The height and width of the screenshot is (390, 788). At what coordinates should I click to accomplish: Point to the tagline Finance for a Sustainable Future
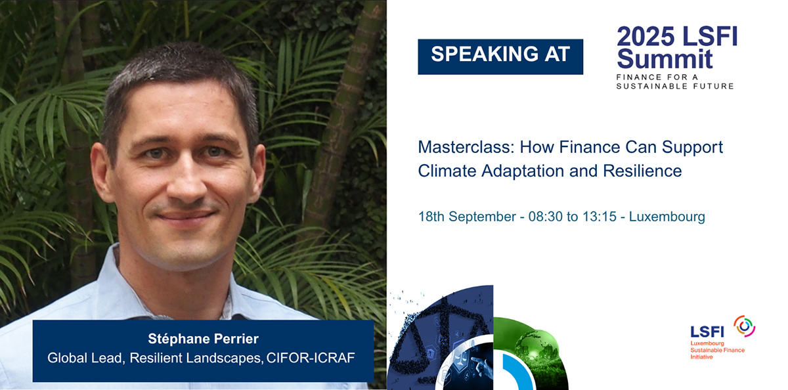click(674, 81)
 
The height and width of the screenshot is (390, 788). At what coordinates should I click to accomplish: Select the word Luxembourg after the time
click(667, 217)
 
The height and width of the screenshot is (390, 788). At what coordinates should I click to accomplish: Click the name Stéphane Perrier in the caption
click(204, 339)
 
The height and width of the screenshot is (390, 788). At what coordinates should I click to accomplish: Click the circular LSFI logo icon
click(744, 326)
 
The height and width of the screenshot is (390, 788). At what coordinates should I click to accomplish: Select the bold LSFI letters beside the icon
click(707, 332)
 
